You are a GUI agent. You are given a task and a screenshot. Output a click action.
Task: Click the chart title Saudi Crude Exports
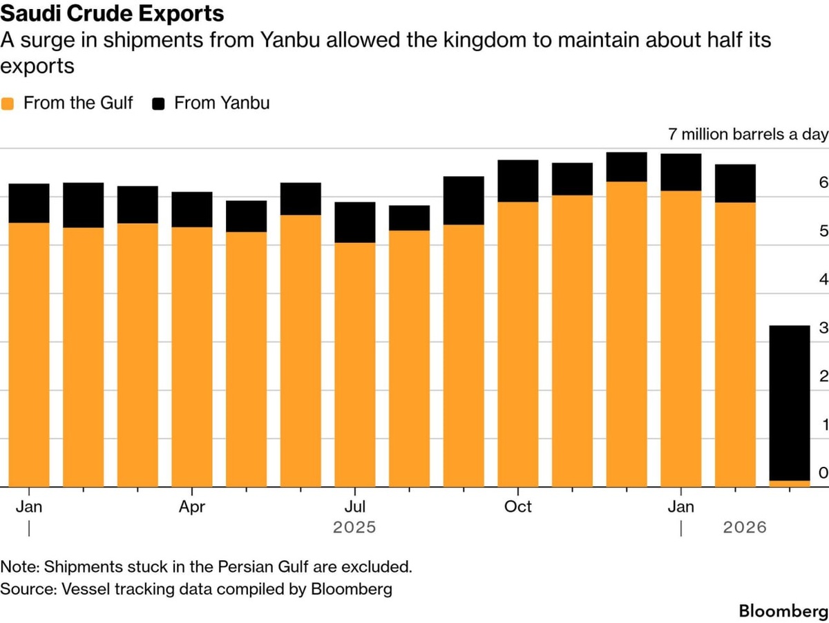[x=112, y=13]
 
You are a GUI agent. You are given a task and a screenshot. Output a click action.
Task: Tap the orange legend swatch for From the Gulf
[x=8, y=104]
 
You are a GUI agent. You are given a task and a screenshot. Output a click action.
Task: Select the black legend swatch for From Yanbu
[x=159, y=104]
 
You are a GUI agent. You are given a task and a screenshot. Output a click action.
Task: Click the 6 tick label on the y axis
[x=823, y=183]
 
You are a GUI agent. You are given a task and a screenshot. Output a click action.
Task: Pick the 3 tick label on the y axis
[x=823, y=328]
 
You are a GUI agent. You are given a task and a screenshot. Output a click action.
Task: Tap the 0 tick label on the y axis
[x=823, y=473]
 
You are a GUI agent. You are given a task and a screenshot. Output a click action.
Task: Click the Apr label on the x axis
[x=192, y=507]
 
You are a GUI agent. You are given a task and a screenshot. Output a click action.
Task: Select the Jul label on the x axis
[x=355, y=507]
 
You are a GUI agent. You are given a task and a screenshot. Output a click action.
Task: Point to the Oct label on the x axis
[x=518, y=507]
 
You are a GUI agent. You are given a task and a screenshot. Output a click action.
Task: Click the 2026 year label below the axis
[x=745, y=528]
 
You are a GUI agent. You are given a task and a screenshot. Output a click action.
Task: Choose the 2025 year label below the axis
[x=355, y=528]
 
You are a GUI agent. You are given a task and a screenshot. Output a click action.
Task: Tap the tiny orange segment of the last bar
[x=790, y=483]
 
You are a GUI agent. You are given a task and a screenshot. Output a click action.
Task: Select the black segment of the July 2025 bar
[x=355, y=222]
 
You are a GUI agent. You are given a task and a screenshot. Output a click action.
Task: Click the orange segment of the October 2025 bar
[x=518, y=345]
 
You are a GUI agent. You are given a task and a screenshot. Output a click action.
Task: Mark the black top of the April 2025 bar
[x=192, y=209]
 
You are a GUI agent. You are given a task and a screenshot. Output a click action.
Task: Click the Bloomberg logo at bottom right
[x=783, y=611]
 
